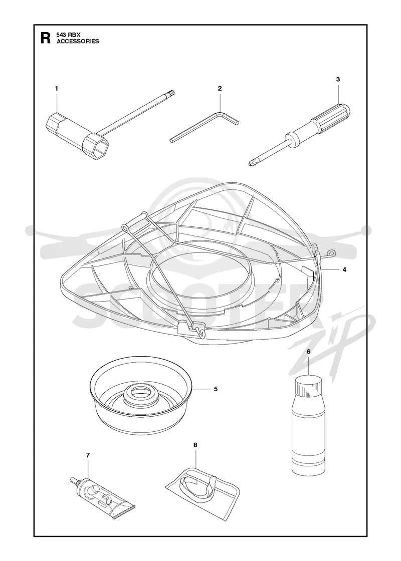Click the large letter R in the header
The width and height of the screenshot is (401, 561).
46,38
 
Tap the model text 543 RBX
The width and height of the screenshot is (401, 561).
67,35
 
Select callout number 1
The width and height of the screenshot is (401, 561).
56,88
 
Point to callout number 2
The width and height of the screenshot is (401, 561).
220,88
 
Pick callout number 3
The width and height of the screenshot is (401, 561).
338,79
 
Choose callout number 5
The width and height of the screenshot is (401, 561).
216,389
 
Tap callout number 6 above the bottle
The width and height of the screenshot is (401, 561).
308,361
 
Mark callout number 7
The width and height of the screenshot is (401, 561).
88,455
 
